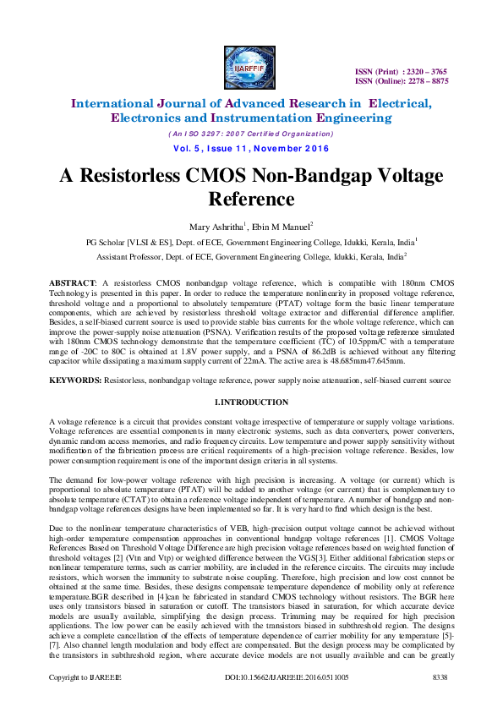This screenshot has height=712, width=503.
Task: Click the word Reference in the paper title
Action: tap(251, 200)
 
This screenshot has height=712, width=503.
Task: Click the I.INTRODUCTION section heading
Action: tap(251, 402)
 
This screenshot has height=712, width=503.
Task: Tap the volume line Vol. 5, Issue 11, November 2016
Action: tap(251, 149)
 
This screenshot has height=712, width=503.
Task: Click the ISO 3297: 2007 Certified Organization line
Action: tap(251, 134)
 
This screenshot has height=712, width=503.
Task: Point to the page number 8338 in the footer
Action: tap(440, 702)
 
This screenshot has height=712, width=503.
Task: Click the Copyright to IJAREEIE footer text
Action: tap(85, 702)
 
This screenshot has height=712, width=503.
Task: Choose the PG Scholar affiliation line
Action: tap(251, 241)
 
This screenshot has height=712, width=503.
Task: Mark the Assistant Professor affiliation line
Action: tap(251, 255)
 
